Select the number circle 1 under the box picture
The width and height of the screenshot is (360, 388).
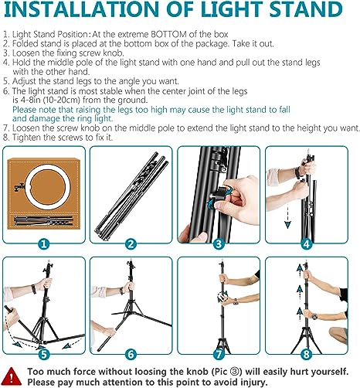44,243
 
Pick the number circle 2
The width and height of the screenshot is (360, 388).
131,243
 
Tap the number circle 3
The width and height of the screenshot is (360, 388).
219,243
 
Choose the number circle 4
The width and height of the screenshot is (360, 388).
307,243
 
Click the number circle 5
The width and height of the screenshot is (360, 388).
44,355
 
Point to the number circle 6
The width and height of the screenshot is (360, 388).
131,355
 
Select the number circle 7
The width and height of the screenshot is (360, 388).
219,355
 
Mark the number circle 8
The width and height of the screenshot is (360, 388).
307,355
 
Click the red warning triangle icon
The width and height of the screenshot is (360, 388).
12,376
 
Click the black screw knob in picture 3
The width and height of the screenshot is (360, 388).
219,192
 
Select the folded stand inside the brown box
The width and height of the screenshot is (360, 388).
44,221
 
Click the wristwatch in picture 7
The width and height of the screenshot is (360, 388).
236,301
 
